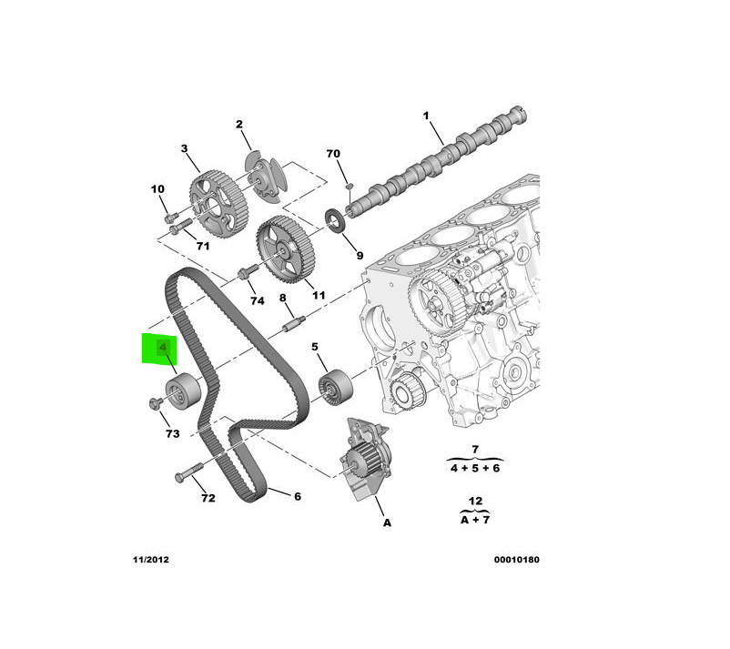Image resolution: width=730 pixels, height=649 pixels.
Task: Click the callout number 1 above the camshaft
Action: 424,116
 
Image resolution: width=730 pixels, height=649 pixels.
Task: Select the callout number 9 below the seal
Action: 359,256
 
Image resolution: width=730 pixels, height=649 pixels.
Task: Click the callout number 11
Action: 319,295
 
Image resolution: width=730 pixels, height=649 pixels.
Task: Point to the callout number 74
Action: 257,301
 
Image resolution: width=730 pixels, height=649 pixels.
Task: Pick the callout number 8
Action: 282,299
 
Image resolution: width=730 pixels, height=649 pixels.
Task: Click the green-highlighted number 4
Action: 163,349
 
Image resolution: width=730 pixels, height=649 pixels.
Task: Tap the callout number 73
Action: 172,434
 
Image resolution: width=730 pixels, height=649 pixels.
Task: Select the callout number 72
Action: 208,499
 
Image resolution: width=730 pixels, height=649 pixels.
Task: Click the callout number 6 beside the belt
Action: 297,496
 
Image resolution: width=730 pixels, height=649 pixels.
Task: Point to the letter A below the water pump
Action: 387,523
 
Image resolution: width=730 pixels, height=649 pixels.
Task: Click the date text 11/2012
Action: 148,560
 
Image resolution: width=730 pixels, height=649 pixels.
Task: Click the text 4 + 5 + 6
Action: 475,468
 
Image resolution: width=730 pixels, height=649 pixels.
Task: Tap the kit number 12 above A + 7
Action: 474,501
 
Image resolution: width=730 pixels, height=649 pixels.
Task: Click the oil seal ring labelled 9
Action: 338,219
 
